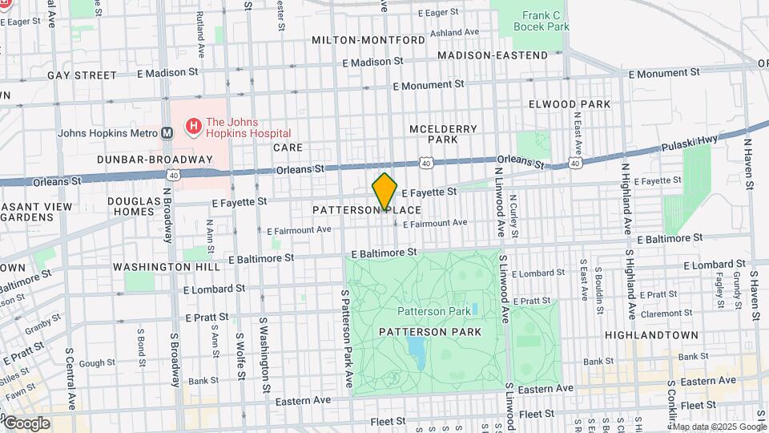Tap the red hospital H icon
click(x=193, y=127)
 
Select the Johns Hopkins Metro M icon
click(x=167, y=133)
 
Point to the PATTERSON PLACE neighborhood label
click(x=367, y=210)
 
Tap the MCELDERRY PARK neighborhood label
click(x=443, y=134)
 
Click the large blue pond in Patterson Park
click(x=417, y=348)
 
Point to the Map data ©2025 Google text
click(x=720, y=427)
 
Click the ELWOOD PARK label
click(x=570, y=104)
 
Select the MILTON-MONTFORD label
click(x=368, y=40)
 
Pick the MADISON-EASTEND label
click(x=493, y=55)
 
